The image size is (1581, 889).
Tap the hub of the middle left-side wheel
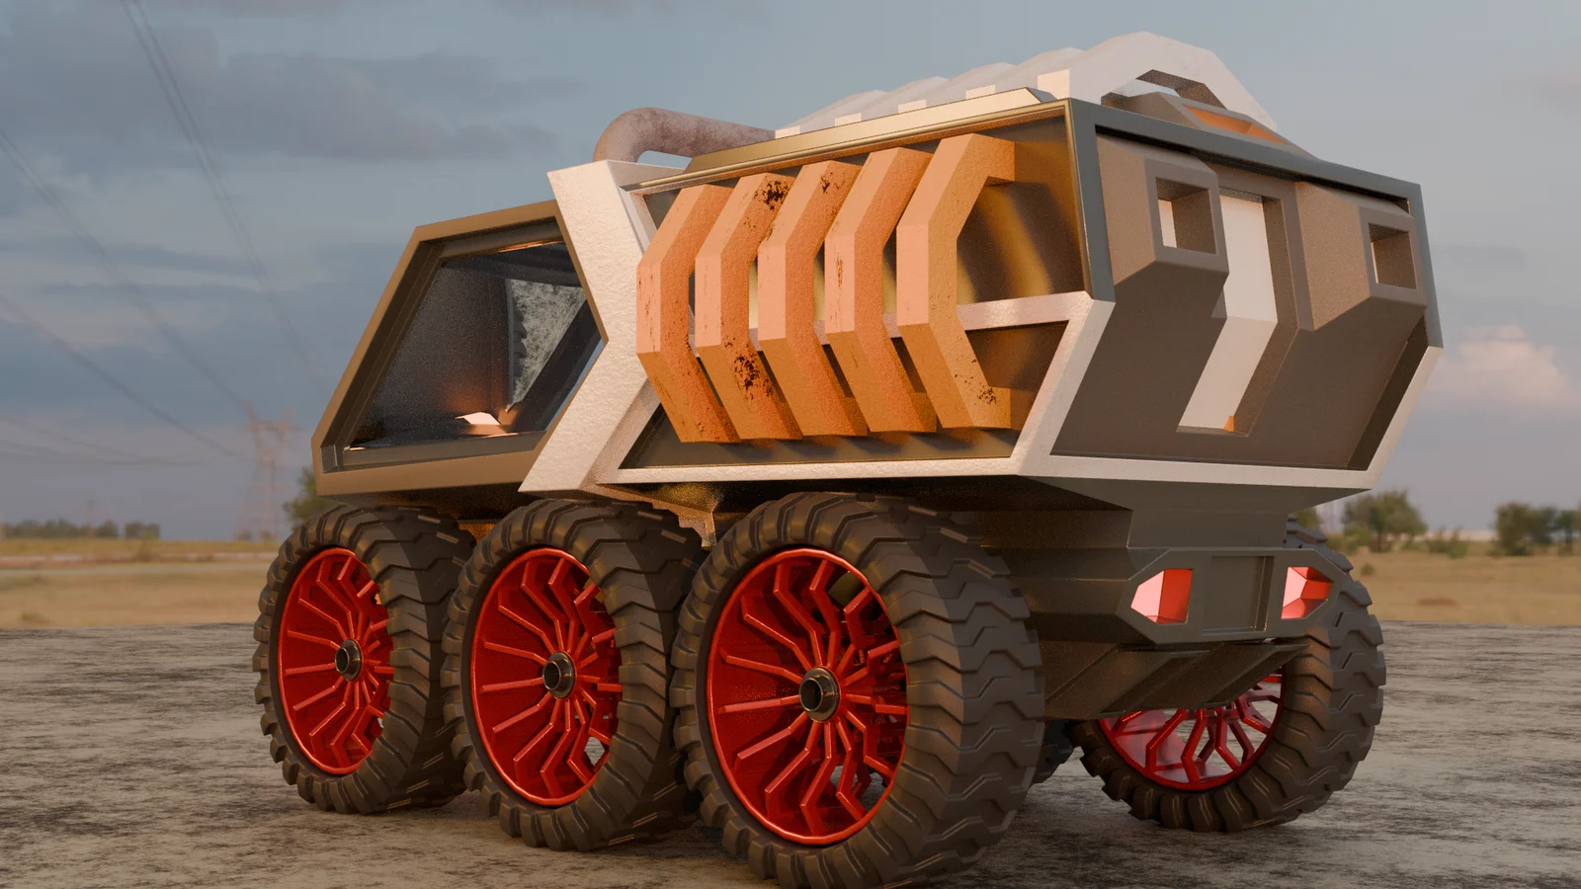tap(557, 674)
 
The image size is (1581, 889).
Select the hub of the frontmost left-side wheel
tap(348, 659)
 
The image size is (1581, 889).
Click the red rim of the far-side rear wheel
tap(1186, 741)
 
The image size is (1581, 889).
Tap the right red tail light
tap(1302, 591)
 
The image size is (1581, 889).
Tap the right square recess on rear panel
tap(1391, 253)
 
